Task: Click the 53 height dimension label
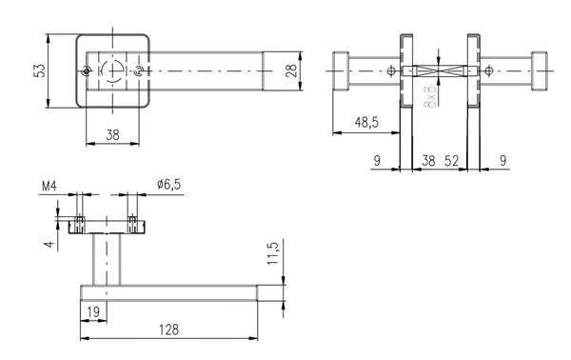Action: click(x=39, y=70)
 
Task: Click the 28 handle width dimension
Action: click(x=291, y=70)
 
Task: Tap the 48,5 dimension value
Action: click(x=366, y=123)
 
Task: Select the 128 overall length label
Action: click(x=169, y=330)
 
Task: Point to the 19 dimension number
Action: click(x=93, y=311)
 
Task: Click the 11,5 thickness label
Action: click(x=273, y=253)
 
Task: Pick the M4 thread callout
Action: click(x=49, y=187)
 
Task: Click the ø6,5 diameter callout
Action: click(x=169, y=185)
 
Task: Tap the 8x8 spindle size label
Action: click(x=430, y=97)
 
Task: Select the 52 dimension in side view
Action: click(x=451, y=161)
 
